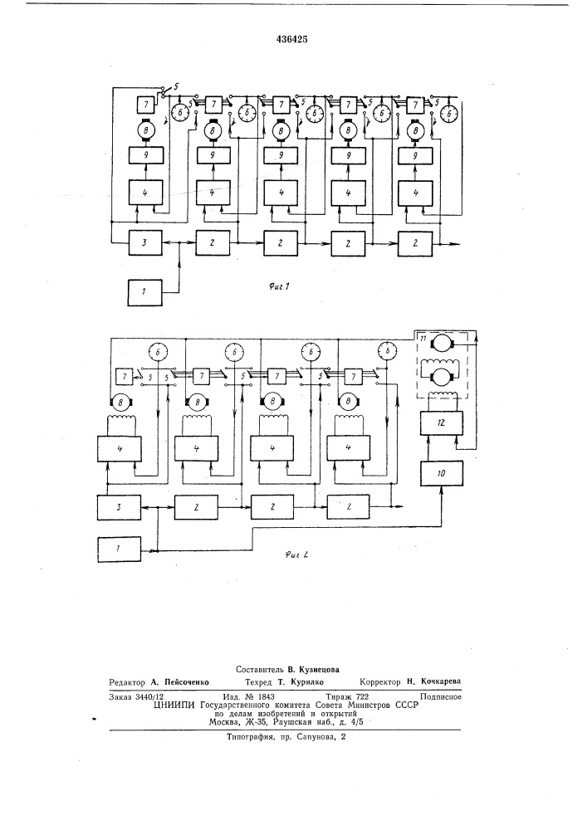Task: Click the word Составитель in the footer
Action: [262, 668]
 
